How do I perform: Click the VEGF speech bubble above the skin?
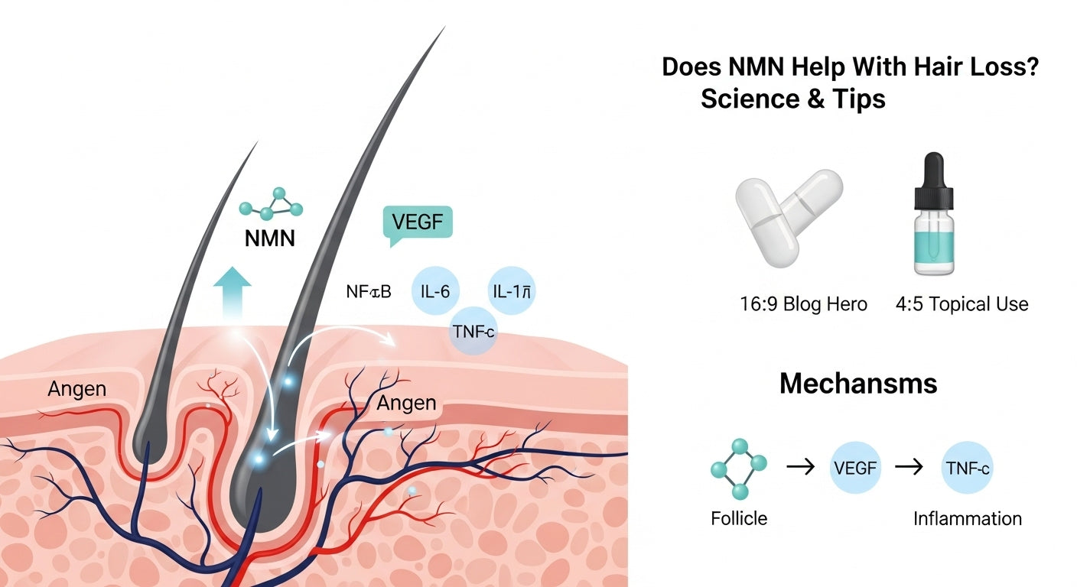417,223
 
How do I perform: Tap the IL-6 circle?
434,290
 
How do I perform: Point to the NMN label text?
269,238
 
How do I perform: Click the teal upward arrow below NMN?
232,294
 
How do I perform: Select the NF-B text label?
368,291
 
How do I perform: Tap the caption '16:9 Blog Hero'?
804,304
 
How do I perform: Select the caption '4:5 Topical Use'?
961,304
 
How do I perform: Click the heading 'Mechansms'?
858,383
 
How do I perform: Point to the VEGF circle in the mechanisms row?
855,467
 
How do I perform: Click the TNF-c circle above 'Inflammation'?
967,467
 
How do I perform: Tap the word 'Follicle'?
738,518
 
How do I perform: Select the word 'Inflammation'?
967,518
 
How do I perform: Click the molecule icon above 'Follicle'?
738,468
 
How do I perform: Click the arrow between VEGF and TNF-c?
911,467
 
